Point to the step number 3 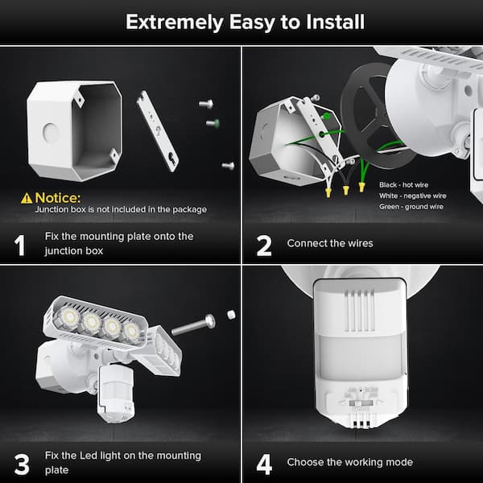click(x=21, y=464)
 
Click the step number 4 click(x=264, y=463)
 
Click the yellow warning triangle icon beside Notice click(x=27, y=197)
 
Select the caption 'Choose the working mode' click(x=350, y=462)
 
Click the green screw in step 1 click(x=213, y=123)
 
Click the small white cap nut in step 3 click(x=231, y=312)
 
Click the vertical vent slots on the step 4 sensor click(x=361, y=309)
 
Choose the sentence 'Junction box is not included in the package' click(x=121, y=209)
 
